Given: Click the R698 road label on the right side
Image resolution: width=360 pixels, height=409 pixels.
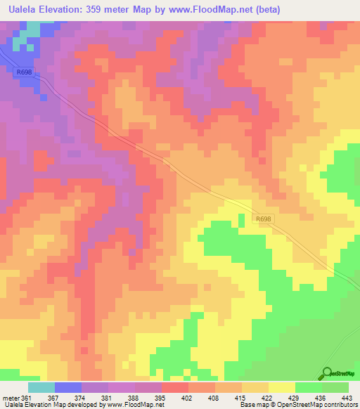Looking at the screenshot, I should (x=264, y=219).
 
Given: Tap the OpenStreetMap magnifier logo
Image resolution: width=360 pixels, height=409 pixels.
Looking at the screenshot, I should (x=326, y=374).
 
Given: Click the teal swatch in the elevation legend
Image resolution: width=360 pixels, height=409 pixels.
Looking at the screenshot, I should (x=41, y=387).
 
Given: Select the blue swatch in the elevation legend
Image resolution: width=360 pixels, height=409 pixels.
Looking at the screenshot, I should (x=68, y=387).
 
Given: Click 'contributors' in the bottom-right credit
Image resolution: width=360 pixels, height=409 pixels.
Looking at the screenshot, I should (x=338, y=405).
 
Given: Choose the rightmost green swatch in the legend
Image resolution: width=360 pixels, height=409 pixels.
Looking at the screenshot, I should (x=335, y=387).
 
